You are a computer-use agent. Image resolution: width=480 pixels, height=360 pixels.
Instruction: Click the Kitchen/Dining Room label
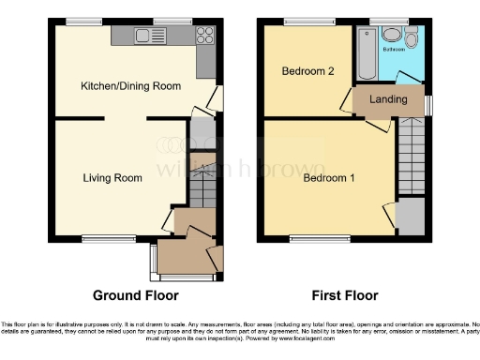pyautogui.click(x=130, y=86)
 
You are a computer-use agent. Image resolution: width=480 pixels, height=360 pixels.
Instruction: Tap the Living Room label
pyautogui.click(x=112, y=178)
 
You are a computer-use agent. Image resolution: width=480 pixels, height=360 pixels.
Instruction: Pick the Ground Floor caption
pyautogui.click(x=135, y=295)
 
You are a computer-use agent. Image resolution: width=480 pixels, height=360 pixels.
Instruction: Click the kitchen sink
pyautogui.click(x=144, y=37)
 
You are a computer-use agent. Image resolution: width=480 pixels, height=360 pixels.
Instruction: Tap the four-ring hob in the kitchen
pyautogui.click(x=205, y=37)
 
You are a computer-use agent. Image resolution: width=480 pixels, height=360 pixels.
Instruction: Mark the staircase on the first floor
pyautogui.click(x=411, y=155)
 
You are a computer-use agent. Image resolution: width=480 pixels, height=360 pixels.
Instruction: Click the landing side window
pyautogui.click(x=429, y=103)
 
